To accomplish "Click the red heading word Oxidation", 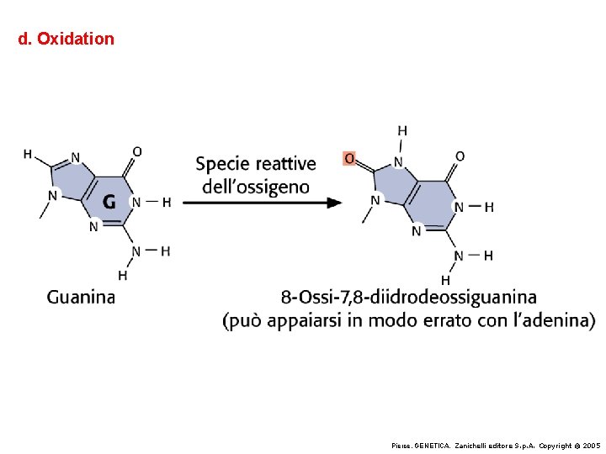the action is (76, 39).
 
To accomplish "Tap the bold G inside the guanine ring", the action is (109, 202).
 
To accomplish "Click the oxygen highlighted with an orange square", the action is (350, 158).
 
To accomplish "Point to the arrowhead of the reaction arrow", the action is (335, 203).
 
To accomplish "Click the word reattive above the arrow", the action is (283, 163).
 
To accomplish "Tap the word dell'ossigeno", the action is (256, 187).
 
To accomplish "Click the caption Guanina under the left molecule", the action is (81, 298).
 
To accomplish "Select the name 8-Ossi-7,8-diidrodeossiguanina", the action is (408, 298).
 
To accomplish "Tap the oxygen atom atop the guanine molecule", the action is (137, 151).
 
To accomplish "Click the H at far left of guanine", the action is (28, 154).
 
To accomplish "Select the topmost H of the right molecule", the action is (402, 131).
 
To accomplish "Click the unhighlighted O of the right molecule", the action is (460, 156).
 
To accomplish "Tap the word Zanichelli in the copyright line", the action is (470, 446).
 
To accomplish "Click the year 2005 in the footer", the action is (592, 446).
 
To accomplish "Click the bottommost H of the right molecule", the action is (445, 280).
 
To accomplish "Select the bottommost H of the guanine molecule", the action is (123, 275).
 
